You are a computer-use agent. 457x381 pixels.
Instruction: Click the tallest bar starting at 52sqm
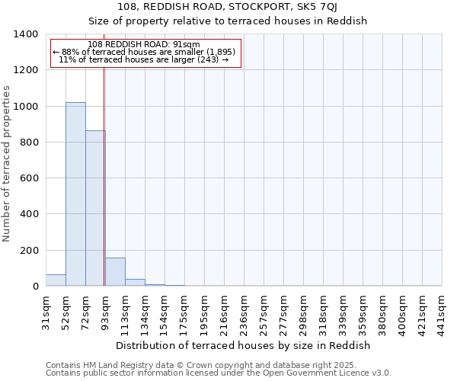click(75, 194)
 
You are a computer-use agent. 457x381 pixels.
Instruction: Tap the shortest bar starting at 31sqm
click(56, 280)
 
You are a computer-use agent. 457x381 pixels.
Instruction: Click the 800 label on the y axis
click(29, 142)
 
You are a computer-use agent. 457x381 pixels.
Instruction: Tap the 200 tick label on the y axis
click(29, 251)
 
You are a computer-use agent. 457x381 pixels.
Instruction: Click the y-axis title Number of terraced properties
click(8, 164)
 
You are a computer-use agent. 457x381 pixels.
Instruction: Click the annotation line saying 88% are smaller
click(145, 52)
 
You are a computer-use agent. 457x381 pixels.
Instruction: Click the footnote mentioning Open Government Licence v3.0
click(219, 373)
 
